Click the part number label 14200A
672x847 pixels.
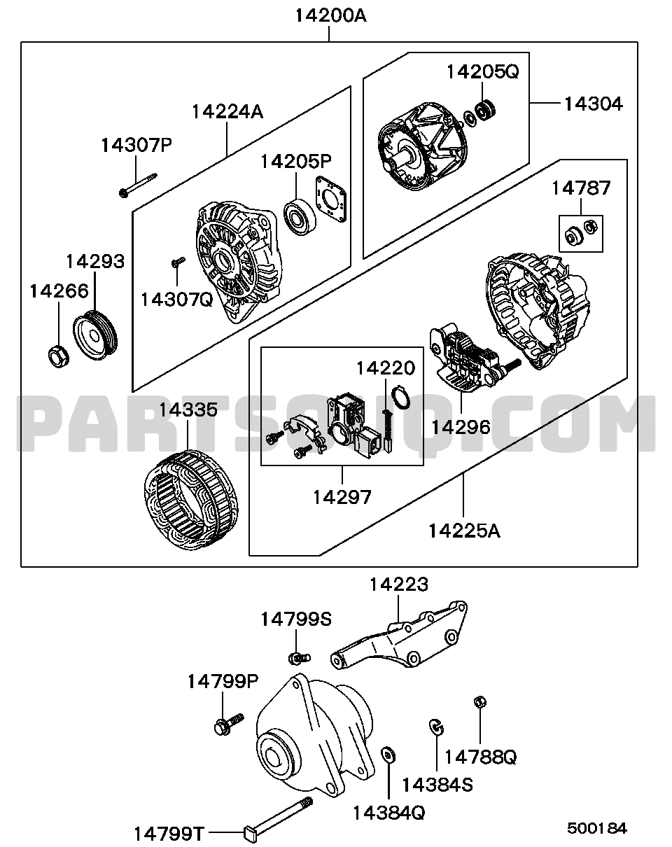coord(330,17)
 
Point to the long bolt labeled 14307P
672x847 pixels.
coord(138,185)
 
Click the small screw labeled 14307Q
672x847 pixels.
coord(178,262)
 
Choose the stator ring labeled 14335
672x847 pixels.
coord(191,499)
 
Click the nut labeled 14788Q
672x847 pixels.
coord(480,702)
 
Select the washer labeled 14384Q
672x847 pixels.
coord(388,755)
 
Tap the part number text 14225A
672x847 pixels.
coord(464,531)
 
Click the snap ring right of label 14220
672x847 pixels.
coord(402,396)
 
